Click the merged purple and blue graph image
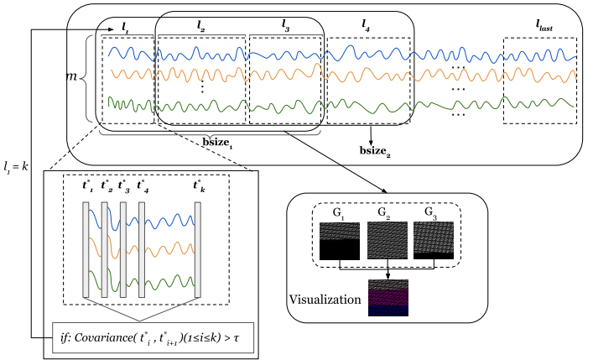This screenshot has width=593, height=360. tap(388, 297)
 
